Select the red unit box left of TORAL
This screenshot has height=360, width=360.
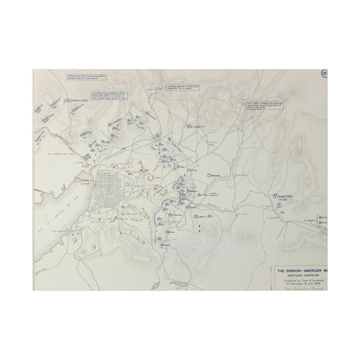(75, 181)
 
